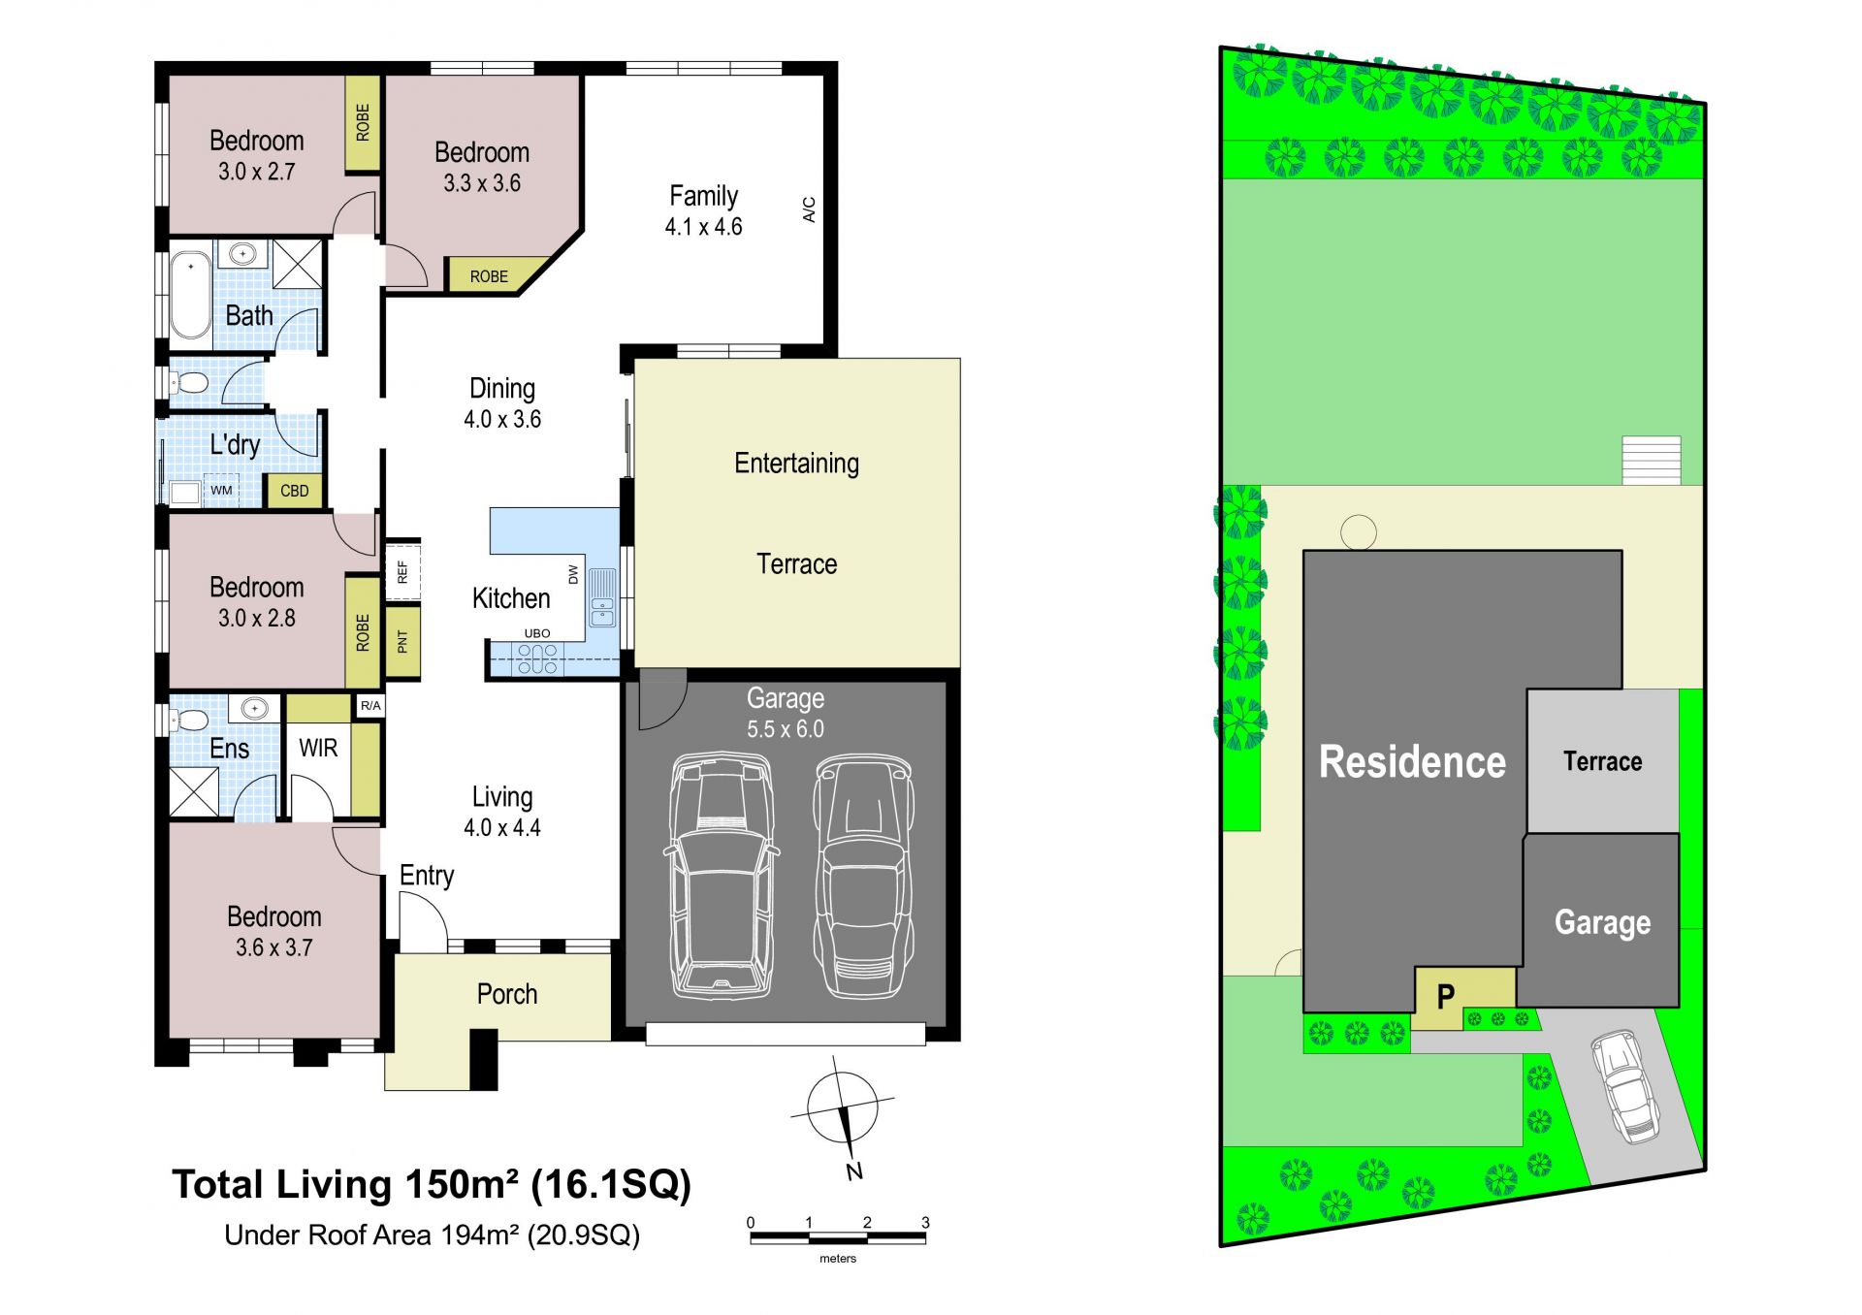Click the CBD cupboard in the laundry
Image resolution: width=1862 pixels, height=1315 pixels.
point(294,491)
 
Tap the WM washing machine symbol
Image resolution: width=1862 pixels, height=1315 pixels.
point(221,491)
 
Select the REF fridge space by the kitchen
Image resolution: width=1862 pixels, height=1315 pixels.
point(402,571)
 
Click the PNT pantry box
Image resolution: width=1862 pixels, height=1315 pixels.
point(402,641)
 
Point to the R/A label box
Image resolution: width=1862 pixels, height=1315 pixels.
point(370,706)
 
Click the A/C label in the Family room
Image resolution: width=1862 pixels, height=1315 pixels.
point(809,209)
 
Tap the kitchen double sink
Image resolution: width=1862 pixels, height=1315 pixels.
point(602,597)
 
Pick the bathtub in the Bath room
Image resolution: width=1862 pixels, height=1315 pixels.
point(191,295)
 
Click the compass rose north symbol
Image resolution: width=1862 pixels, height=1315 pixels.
point(844,1109)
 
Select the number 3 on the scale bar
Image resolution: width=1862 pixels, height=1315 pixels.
point(925,1223)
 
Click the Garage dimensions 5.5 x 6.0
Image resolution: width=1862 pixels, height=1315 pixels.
point(786,729)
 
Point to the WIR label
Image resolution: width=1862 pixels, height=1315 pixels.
point(318,748)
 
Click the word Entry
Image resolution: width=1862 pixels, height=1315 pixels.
point(427,876)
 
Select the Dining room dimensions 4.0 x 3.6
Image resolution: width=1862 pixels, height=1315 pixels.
point(502,419)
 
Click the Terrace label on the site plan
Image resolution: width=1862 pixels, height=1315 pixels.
point(1602,761)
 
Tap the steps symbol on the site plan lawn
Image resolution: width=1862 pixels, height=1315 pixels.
point(1652,461)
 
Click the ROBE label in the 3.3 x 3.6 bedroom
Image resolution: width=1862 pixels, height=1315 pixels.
point(489,276)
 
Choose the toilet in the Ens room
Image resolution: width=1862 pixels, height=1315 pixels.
point(189,720)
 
